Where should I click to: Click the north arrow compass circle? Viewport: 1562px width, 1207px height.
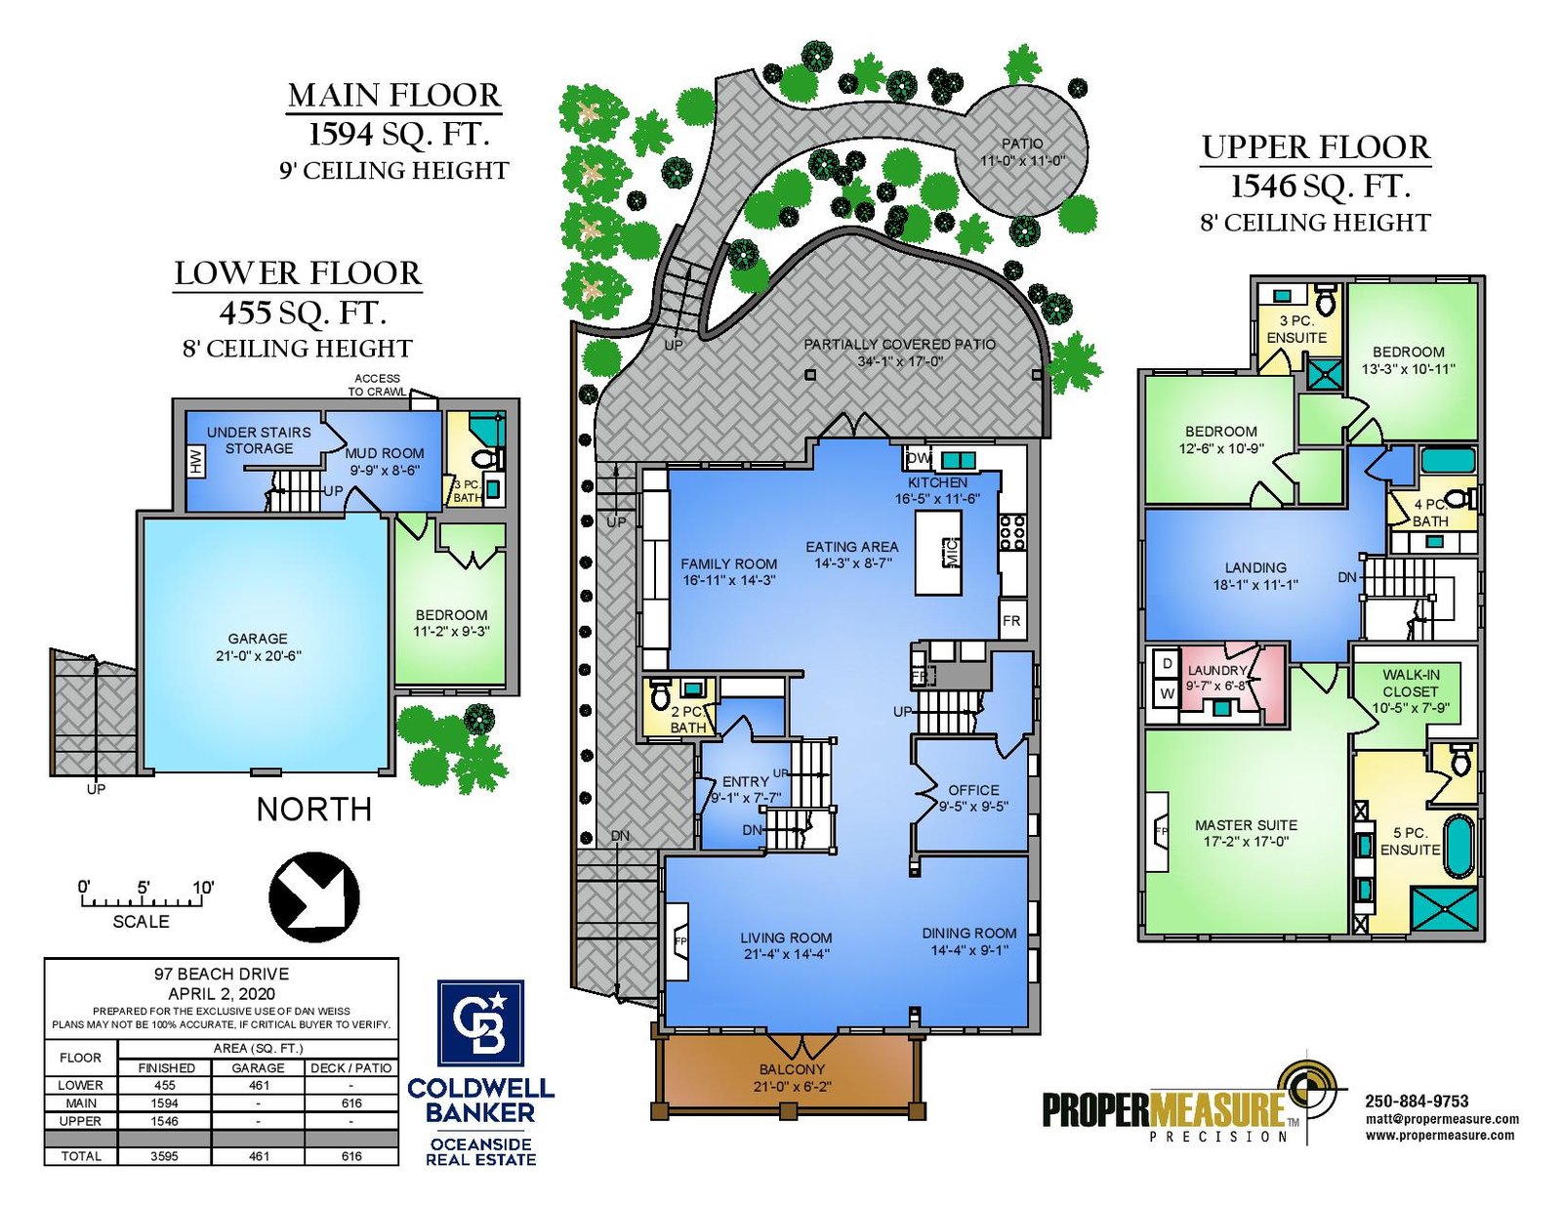(x=313, y=896)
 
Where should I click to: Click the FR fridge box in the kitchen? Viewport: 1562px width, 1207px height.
(x=1011, y=620)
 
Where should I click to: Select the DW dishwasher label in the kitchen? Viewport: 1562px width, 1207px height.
(x=919, y=458)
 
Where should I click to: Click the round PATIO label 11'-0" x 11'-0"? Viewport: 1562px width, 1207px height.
(x=1022, y=152)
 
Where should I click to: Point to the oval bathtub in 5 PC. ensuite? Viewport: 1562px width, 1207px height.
(x=1457, y=846)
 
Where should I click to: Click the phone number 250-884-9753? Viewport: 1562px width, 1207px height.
(x=1417, y=1102)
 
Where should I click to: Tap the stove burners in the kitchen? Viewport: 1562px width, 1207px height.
(x=1012, y=532)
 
